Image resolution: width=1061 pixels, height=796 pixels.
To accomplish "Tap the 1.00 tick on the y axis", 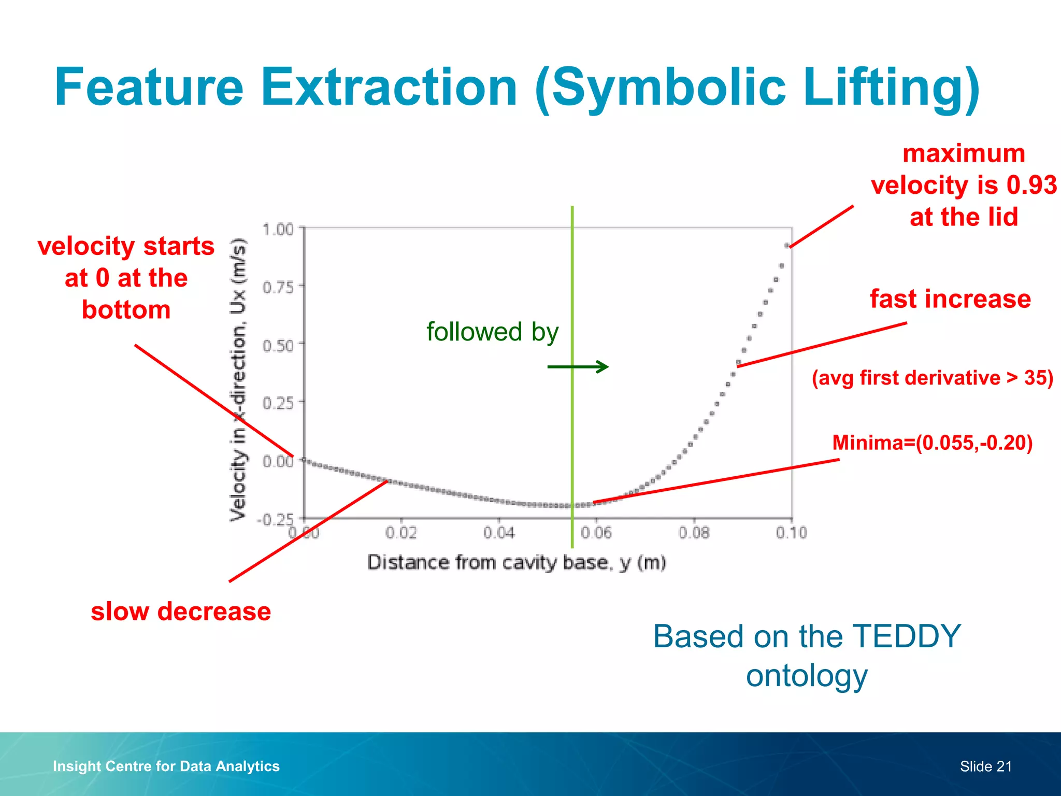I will [x=278, y=229].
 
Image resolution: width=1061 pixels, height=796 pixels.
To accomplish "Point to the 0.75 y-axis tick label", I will [x=278, y=287].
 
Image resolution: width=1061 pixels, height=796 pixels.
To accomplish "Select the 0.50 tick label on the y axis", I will [x=278, y=345].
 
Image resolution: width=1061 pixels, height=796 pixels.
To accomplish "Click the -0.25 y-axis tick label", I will [x=275, y=519].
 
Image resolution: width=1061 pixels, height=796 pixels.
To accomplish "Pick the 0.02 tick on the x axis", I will [x=401, y=533].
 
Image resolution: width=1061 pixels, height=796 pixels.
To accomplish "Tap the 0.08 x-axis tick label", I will [x=694, y=533].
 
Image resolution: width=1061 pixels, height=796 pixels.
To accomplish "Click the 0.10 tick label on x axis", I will [x=791, y=533].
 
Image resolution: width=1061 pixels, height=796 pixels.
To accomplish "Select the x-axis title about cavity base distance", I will [x=517, y=563].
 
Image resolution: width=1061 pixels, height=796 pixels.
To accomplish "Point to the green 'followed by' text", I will [x=492, y=332].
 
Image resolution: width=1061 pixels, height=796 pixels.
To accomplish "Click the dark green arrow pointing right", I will [x=578, y=367].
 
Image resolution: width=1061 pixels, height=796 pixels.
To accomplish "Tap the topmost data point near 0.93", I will [x=787, y=246].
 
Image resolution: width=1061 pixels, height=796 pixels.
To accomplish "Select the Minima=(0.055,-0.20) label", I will [x=932, y=443].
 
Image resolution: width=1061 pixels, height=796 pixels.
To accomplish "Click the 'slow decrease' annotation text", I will [x=181, y=612].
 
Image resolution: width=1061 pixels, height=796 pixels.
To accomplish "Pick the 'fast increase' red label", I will [x=950, y=299].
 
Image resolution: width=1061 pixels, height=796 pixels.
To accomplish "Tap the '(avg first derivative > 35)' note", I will [x=932, y=378].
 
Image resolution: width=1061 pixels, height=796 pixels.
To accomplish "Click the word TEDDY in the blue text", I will [x=906, y=636].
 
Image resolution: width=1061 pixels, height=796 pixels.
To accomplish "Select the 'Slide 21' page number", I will [x=985, y=766].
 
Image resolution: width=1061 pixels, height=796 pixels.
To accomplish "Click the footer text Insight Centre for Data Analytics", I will [x=166, y=766].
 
